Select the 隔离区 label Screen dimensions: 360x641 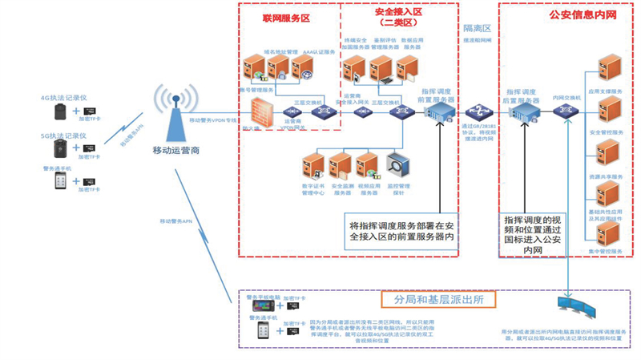point(477,27)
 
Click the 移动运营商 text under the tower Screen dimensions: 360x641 point(175,149)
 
